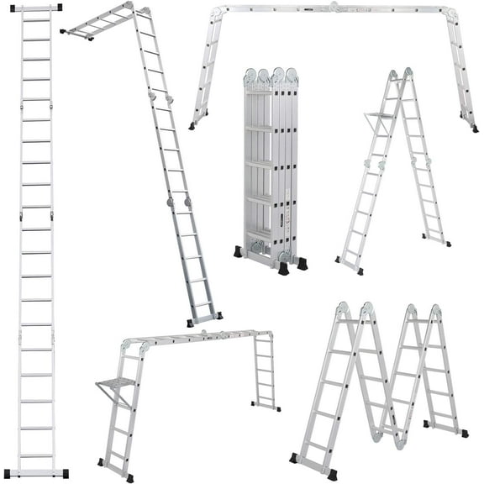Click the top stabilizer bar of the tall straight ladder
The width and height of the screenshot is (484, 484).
pos(35,8)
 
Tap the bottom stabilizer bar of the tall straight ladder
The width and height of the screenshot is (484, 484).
pos(35,473)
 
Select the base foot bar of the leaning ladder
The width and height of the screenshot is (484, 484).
pos(204,318)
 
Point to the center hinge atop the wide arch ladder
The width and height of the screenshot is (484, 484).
pos(334,8)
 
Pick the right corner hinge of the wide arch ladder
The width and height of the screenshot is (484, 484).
pos(452,13)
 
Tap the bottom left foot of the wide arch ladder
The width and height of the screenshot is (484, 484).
pos(193,126)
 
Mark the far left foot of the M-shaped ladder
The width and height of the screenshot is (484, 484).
pos(295,458)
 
